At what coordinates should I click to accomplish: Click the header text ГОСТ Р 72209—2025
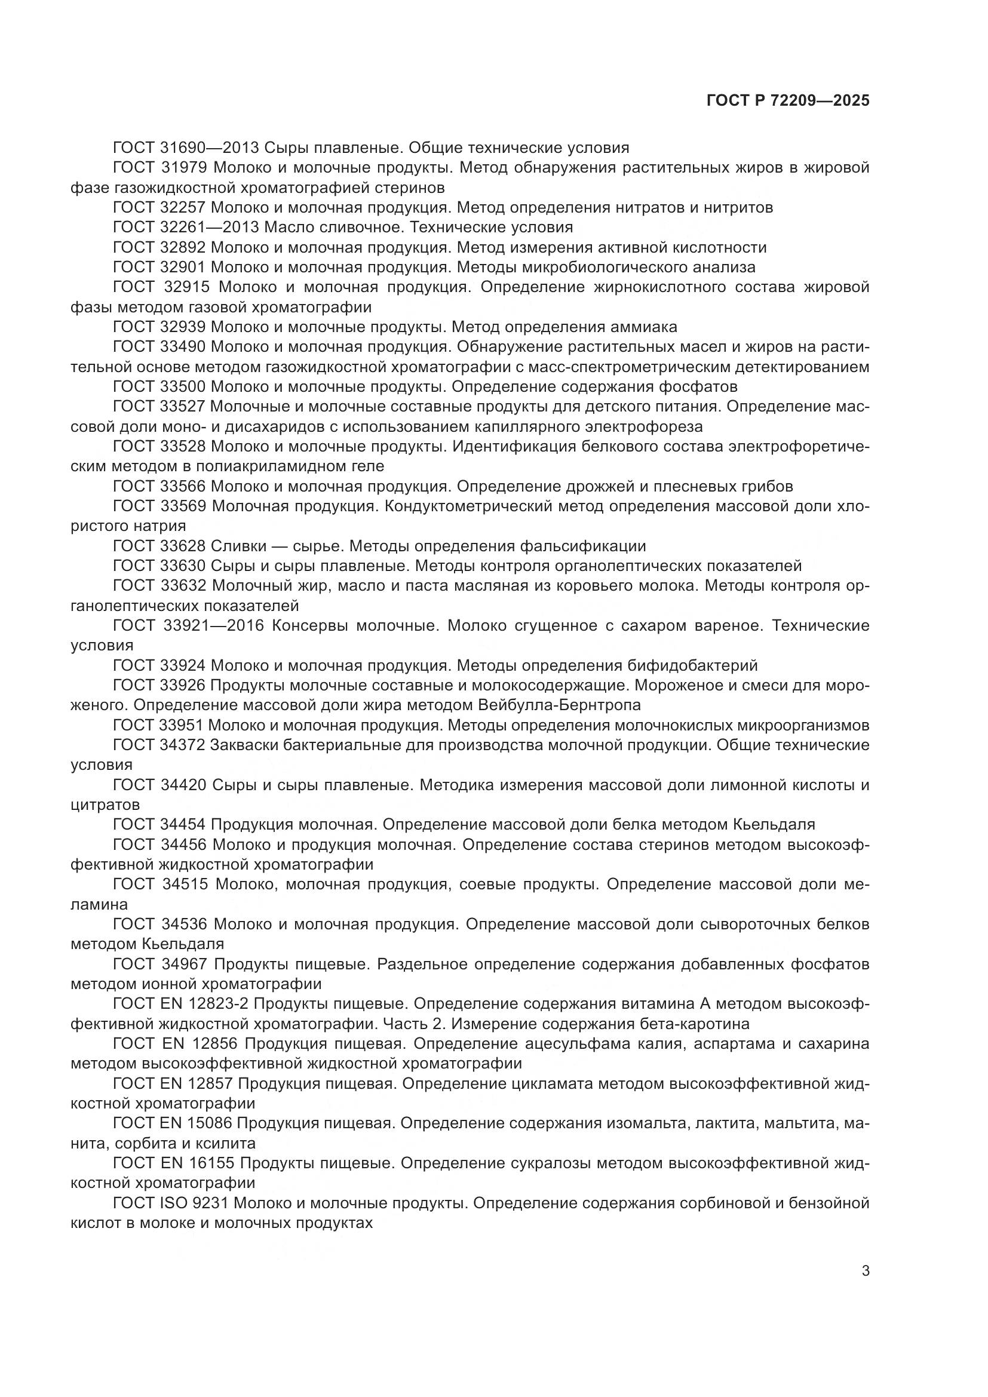tap(788, 100)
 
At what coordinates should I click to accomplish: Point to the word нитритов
tap(738, 207)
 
